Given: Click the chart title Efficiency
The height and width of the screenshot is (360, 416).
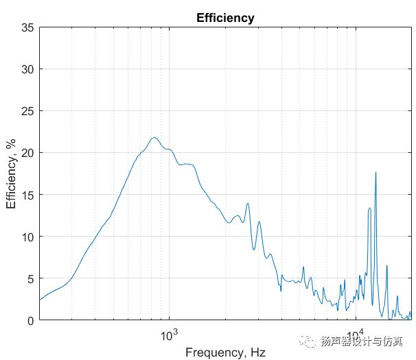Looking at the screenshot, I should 225,19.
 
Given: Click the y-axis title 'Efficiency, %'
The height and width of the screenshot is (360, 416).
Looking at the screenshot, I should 12,174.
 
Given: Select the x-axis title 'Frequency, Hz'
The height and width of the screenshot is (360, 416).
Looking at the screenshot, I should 225,352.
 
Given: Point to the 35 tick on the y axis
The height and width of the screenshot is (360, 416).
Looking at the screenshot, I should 27,28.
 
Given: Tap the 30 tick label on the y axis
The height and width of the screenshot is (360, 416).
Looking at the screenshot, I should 27,70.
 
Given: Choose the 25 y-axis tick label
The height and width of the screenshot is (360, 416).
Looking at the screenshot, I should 27,112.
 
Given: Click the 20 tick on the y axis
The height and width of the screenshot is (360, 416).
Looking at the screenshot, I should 27,154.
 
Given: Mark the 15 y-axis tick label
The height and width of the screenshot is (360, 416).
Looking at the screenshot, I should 27,195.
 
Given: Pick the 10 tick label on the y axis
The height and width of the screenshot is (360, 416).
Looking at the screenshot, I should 27,237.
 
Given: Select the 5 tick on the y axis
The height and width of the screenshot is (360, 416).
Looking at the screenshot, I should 30,279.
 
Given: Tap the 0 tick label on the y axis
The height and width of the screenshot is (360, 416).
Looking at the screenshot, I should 30,320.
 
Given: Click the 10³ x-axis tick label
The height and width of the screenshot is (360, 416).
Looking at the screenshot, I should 168,335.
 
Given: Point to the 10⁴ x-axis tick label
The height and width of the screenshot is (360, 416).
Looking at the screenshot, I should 356,335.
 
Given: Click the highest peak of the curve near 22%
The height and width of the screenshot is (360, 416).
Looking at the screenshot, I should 154,138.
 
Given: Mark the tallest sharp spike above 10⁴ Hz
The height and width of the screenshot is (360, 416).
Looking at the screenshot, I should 375,172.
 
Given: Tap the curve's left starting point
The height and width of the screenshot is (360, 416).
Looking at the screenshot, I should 40,300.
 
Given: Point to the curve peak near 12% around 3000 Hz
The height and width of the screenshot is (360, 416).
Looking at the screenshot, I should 259,221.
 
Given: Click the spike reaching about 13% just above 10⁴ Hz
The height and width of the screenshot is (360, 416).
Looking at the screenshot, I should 369,208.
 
